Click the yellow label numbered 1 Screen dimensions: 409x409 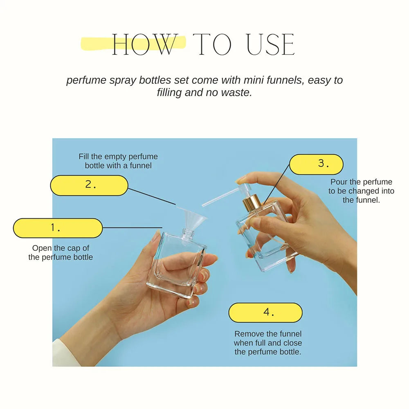coord(58,228)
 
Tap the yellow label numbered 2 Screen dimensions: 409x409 coord(89,185)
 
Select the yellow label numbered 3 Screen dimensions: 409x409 coord(316,164)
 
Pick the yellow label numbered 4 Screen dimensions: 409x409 coord(265,312)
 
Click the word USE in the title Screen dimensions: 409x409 coord(270,45)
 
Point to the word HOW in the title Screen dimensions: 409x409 coord(145,45)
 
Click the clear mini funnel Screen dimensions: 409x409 coord(192,218)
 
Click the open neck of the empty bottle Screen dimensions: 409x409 coord(188,234)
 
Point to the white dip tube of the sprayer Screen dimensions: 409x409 coord(220,197)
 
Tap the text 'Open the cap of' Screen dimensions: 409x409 coord(61,248)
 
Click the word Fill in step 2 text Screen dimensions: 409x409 coord(84,157)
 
